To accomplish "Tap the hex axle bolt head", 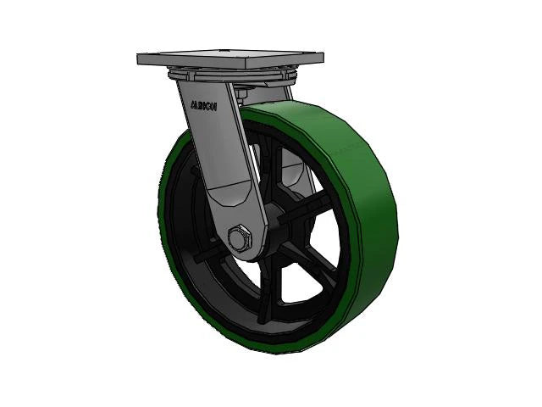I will tap(241, 237).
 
